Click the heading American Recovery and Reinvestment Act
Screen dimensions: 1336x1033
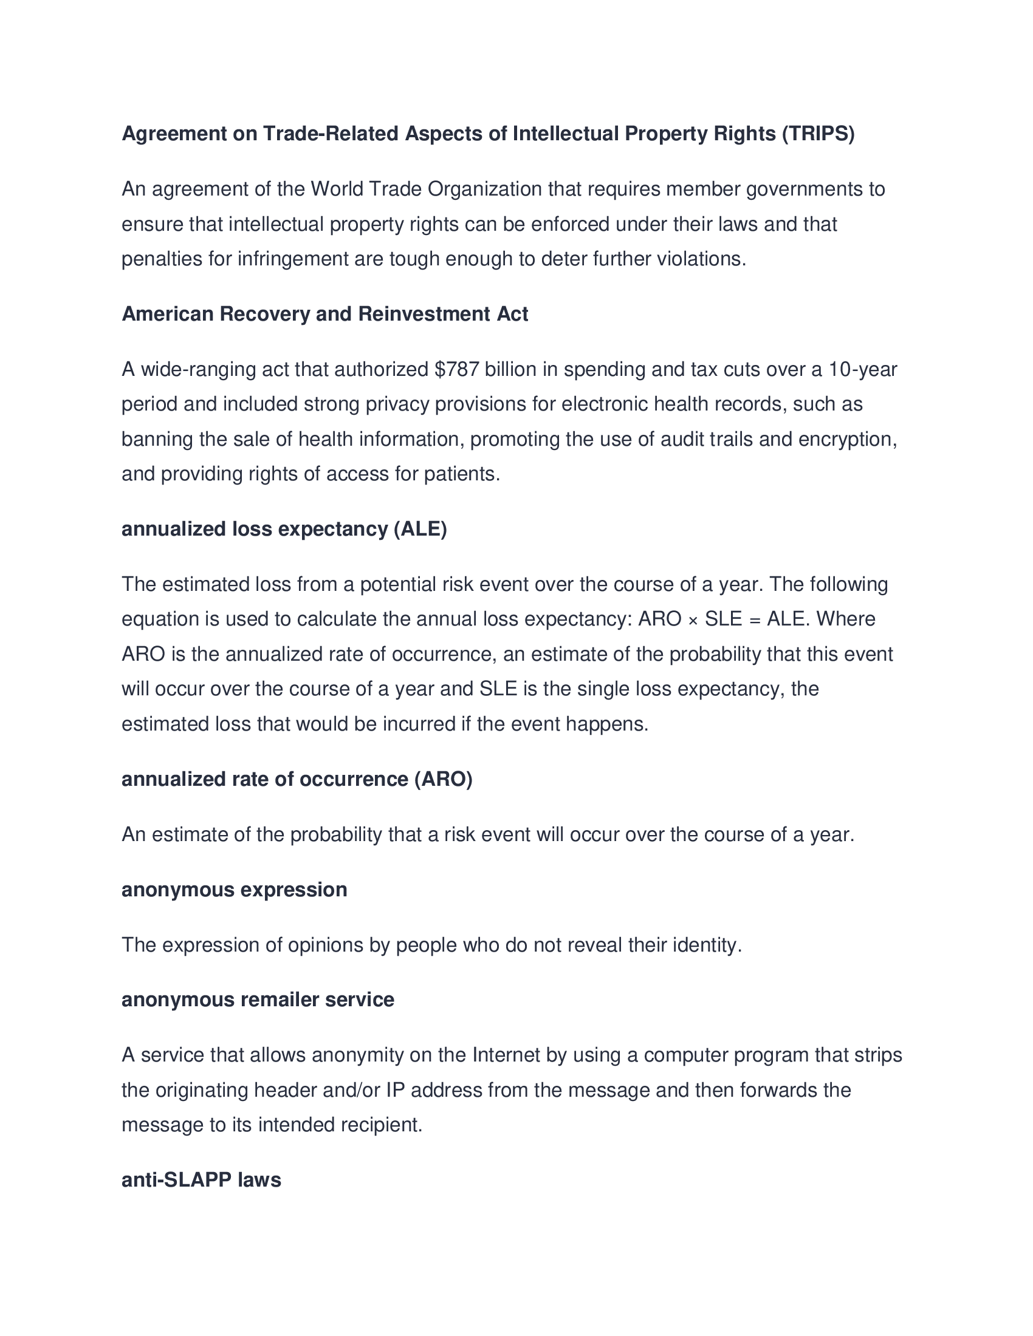pyautogui.click(x=324, y=314)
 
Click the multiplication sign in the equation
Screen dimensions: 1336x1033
pyautogui.click(x=693, y=619)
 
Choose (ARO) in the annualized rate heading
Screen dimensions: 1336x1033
pyautogui.click(x=443, y=779)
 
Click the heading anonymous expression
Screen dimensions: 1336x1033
pyautogui.click(x=235, y=890)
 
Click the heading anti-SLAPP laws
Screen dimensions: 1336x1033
pyautogui.click(x=201, y=1180)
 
